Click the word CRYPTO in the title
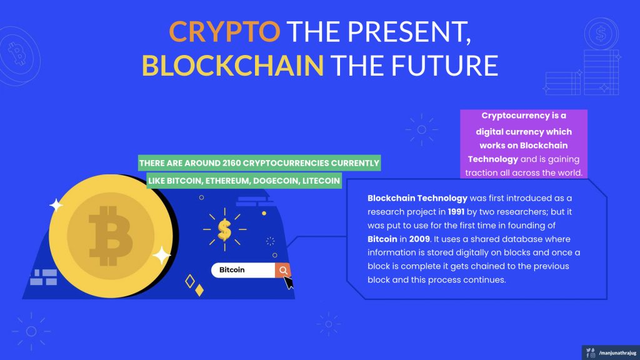(x=224, y=32)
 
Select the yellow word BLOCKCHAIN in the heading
(x=232, y=66)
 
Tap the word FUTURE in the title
(x=445, y=66)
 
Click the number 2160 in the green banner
(x=231, y=163)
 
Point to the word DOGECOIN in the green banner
(x=276, y=181)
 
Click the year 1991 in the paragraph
(x=456, y=212)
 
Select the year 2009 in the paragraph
(x=419, y=239)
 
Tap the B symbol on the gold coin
(x=111, y=236)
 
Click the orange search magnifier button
(x=282, y=270)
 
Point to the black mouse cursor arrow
(x=288, y=282)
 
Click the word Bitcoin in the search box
(x=232, y=270)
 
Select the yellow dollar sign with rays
(x=224, y=229)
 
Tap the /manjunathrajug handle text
(x=617, y=353)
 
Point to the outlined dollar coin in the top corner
(x=601, y=34)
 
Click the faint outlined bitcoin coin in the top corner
(x=18, y=55)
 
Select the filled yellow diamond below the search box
(x=199, y=290)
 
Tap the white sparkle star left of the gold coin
(x=56, y=205)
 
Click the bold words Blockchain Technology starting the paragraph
(x=417, y=198)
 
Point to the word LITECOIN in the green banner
(x=321, y=181)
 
